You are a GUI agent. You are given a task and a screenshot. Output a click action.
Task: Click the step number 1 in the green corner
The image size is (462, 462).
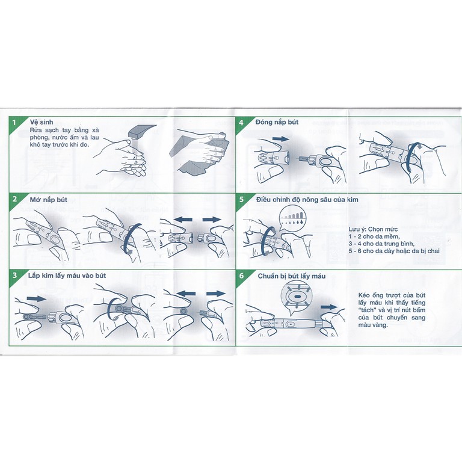[14, 122]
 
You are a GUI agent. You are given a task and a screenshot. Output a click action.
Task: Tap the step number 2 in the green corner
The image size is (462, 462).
[14, 199]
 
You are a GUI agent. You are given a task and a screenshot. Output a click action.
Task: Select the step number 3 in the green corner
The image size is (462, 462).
[14, 276]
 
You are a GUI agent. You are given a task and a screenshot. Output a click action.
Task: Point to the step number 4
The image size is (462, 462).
[241, 122]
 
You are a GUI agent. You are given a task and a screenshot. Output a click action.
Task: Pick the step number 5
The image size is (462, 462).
[242, 200]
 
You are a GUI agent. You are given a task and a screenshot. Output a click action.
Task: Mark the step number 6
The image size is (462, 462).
[242, 276]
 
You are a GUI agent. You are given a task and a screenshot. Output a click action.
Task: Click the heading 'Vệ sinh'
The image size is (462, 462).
[42, 122]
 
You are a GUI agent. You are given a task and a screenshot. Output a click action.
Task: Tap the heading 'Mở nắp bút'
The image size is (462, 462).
[49, 200]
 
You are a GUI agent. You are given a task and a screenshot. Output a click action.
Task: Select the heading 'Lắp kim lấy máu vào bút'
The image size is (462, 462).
[67, 276]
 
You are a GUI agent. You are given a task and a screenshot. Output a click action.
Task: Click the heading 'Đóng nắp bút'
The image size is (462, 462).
[277, 122]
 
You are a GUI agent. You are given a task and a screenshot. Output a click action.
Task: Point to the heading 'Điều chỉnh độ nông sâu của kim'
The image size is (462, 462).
[307, 200]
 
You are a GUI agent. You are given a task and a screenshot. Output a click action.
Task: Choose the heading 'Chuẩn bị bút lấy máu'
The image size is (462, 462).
[292, 276]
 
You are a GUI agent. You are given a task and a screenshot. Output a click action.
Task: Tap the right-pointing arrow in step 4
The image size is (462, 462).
[281, 139]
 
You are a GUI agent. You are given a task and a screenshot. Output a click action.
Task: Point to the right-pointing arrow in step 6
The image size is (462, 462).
[329, 307]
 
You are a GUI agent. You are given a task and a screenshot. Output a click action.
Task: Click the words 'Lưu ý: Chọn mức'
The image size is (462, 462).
[374, 229]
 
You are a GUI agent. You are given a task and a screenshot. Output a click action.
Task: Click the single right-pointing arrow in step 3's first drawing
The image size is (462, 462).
[37, 299]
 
